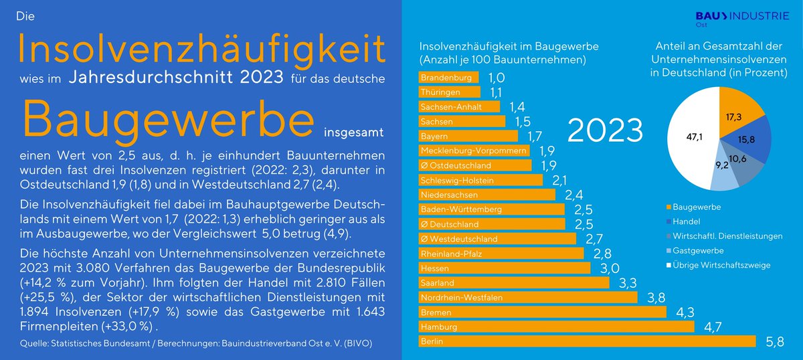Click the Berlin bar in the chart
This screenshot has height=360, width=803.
(586, 341)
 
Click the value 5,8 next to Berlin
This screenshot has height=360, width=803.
(776, 342)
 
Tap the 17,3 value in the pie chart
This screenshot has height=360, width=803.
(734, 117)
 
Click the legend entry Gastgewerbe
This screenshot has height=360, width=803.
(693, 250)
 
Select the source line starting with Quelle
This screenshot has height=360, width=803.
(195, 343)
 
